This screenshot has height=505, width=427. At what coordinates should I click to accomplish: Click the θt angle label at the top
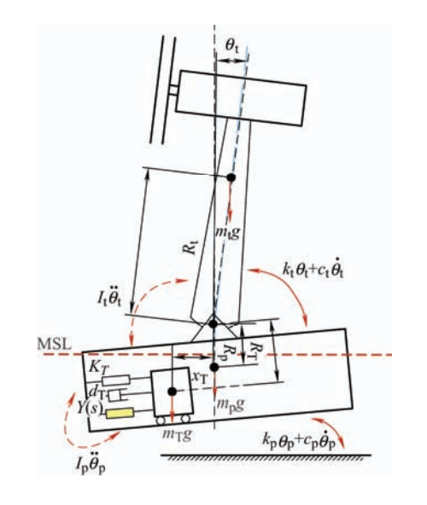232,46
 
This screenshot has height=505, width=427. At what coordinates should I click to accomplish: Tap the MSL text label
54,344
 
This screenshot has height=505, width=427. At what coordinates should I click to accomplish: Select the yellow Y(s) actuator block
120,413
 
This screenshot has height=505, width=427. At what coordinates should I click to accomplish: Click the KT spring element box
116,380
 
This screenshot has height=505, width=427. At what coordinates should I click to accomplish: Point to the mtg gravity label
228,232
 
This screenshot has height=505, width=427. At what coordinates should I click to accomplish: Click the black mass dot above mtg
231,177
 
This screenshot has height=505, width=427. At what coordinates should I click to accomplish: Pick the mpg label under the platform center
230,404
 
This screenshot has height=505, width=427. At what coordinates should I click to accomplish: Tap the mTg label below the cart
177,435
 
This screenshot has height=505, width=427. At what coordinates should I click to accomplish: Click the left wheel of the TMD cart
161,421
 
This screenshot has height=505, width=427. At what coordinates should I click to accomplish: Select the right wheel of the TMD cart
185,419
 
